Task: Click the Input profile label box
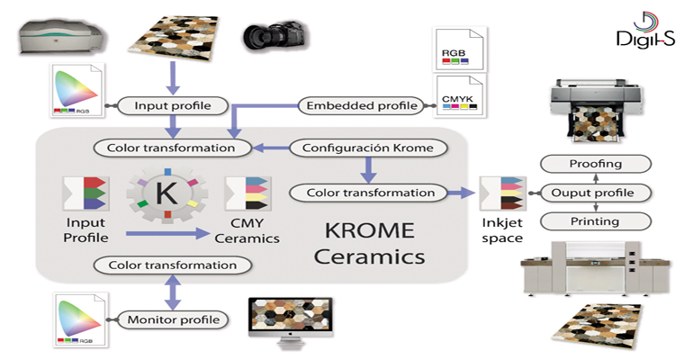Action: pos(172,106)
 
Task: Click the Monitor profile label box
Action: pos(173,319)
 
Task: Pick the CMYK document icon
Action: pos(458,94)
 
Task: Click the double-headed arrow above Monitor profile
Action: pos(170,291)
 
